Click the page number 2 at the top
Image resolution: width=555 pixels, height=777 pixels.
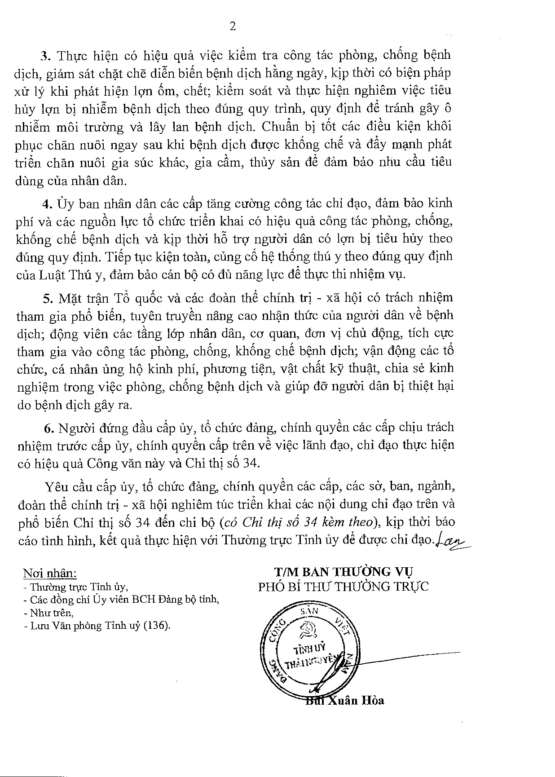(233, 26)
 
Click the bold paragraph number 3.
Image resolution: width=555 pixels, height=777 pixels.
(44, 56)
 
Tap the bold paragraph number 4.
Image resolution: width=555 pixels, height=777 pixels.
(46, 203)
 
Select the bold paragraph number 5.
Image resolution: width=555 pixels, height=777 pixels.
(46, 298)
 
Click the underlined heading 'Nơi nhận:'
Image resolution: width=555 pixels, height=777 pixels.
(50, 574)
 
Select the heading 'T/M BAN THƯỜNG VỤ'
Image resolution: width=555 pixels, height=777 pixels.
(344, 572)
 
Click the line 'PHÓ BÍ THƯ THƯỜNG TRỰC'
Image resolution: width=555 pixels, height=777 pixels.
(344, 587)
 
